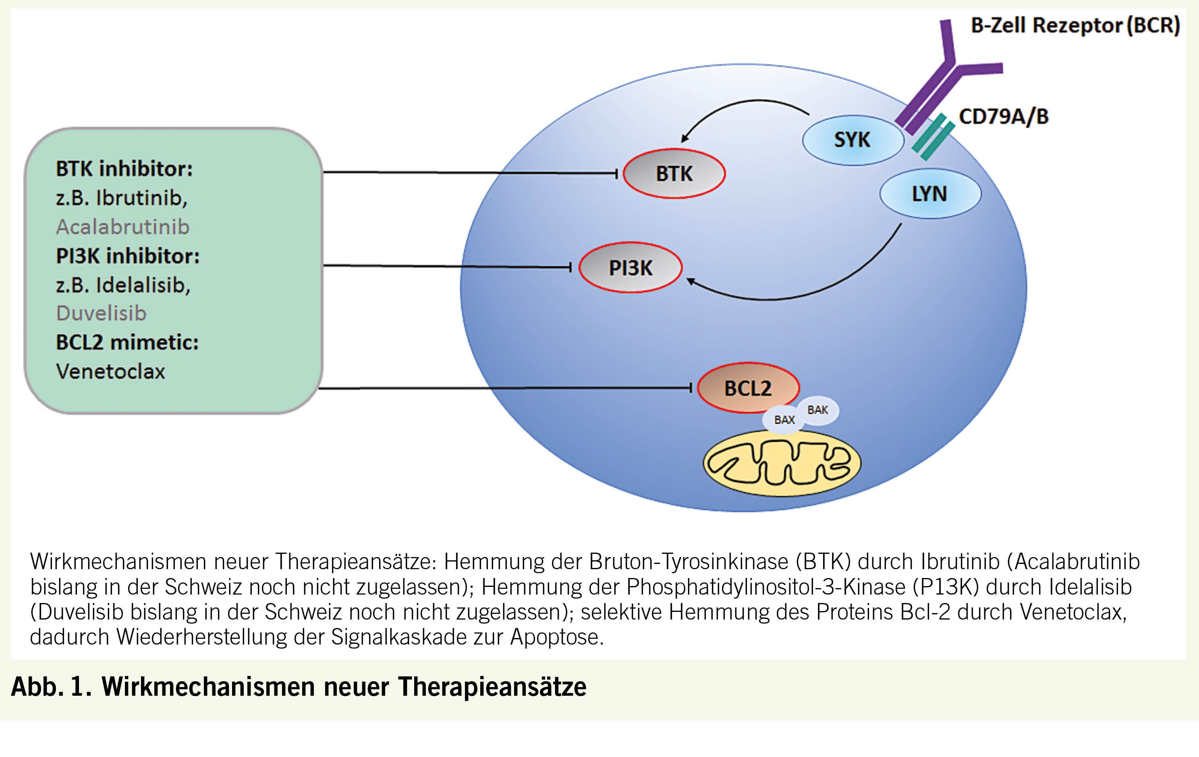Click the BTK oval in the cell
tap(674, 173)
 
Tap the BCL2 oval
tap(747, 387)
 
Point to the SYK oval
tap(852, 139)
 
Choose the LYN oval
tap(929, 193)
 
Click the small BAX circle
tap(784, 420)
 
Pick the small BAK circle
tap(817, 410)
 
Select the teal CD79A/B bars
tap(933, 137)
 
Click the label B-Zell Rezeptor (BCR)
tap(1075, 25)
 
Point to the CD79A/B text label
tap(1003, 116)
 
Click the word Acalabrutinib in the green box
tap(122, 227)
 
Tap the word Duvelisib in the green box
tap(101, 313)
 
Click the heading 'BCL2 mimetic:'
tap(127, 343)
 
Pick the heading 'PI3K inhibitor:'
tap(127, 256)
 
